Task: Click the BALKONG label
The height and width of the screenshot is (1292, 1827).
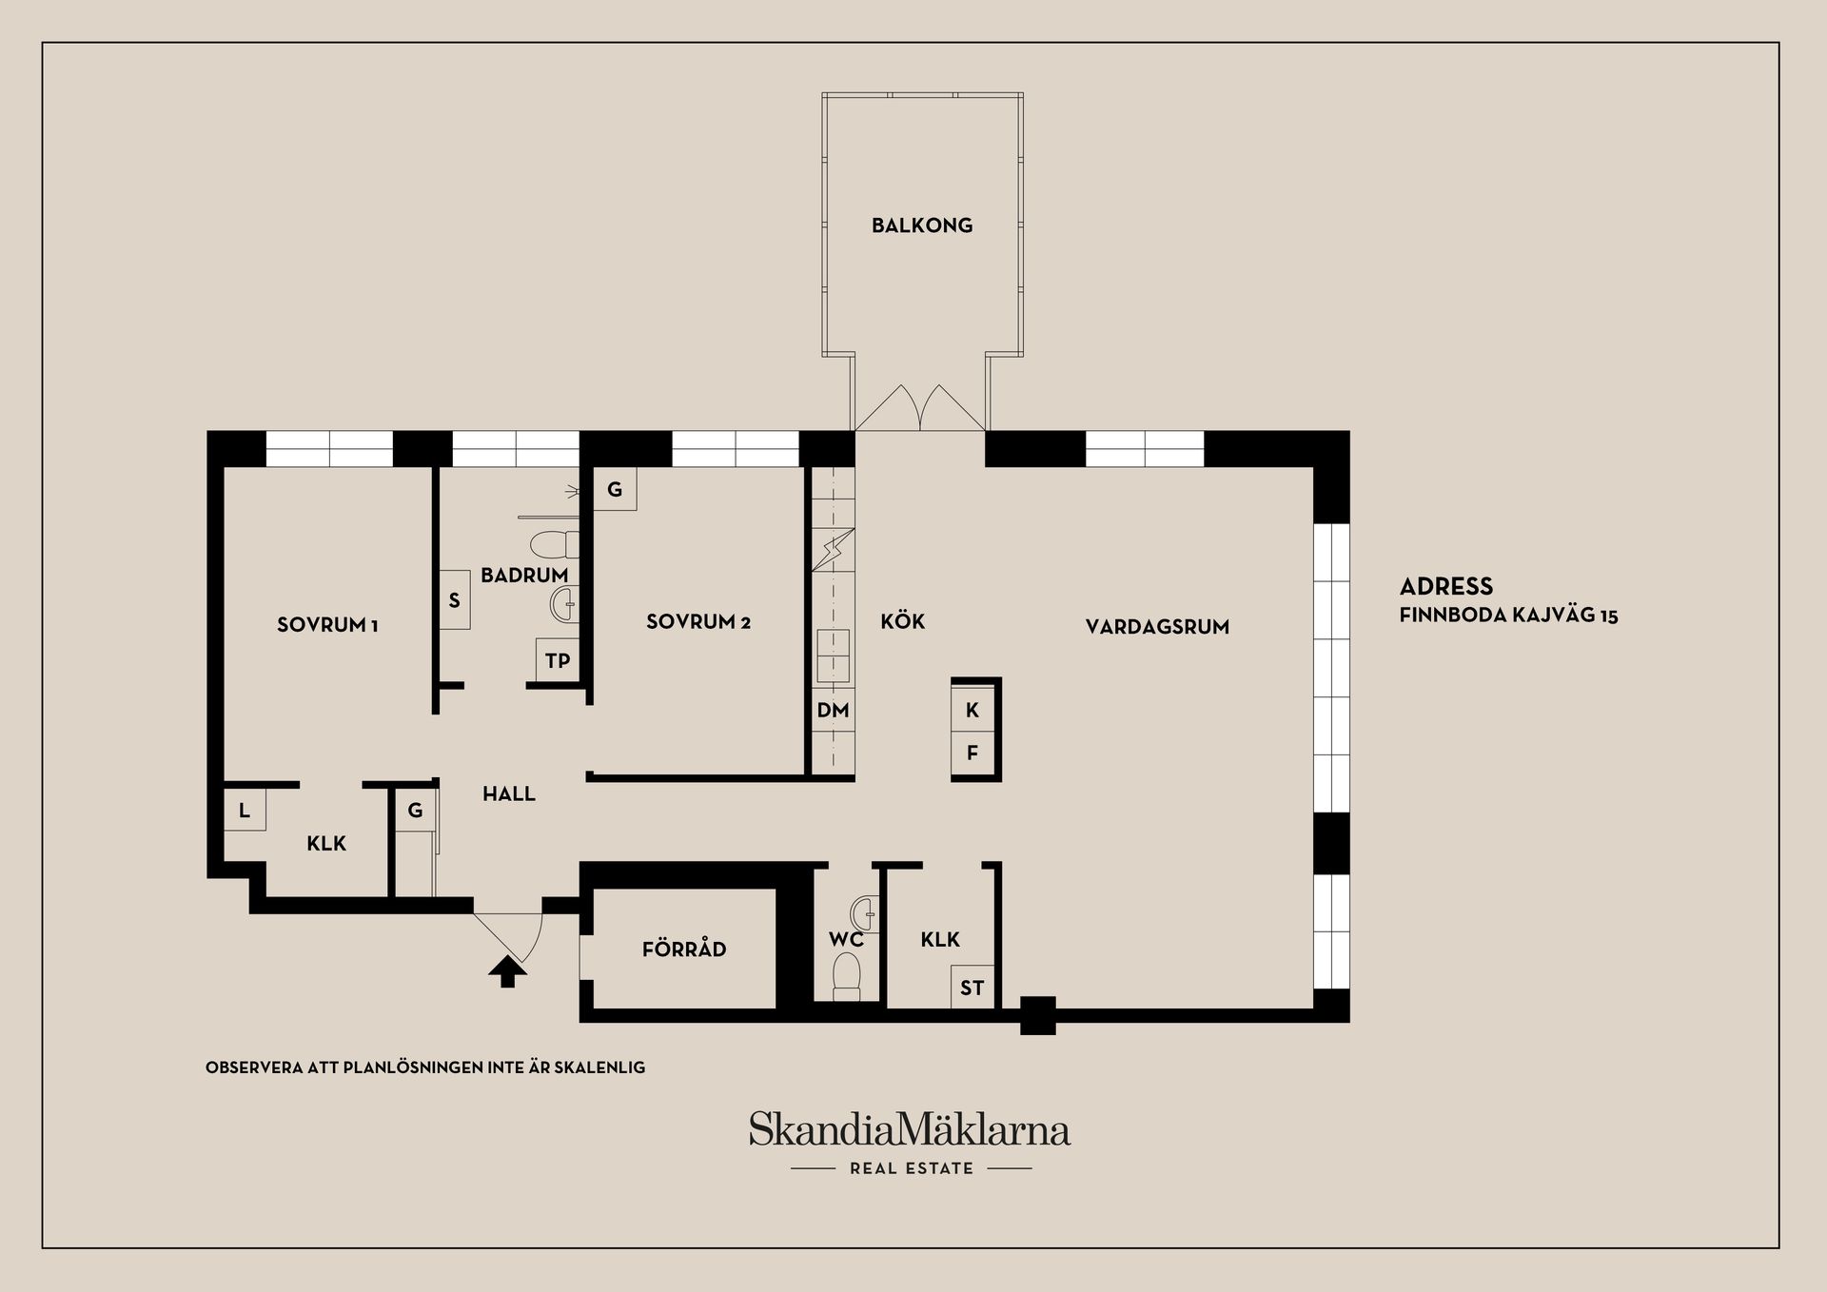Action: coord(922,225)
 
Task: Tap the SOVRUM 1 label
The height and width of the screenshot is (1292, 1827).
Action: coord(327,625)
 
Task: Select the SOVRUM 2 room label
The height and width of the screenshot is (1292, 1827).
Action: coord(698,622)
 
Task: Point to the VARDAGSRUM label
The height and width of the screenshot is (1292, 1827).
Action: coord(1157,627)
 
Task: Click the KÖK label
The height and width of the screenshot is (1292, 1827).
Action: coord(902,622)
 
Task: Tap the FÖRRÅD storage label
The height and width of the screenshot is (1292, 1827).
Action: coord(684,949)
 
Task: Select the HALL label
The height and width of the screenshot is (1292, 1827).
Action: coord(508,793)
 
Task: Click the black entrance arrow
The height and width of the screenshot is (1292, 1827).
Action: coord(507,971)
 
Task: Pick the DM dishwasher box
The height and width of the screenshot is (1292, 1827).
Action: coord(833,710)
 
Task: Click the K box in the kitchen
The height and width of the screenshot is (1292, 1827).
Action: coord(972,710)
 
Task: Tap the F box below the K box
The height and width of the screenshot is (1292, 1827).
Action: coord(972,754)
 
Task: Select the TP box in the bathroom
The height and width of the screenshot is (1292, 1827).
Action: coord(558,659)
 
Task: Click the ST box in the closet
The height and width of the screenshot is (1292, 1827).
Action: coord(972,988)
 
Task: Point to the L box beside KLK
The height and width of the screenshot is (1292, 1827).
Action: coord(245,811)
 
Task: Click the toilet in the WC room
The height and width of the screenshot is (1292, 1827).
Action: coord(846,977)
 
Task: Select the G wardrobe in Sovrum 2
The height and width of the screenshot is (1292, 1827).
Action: coord(615,490)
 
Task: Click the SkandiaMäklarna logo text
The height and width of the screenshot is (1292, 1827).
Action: coord(910,1130)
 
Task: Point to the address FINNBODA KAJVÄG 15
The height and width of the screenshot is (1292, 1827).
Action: coord(1508,616)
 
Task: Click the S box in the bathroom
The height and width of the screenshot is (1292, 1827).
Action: coord(454,600)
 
